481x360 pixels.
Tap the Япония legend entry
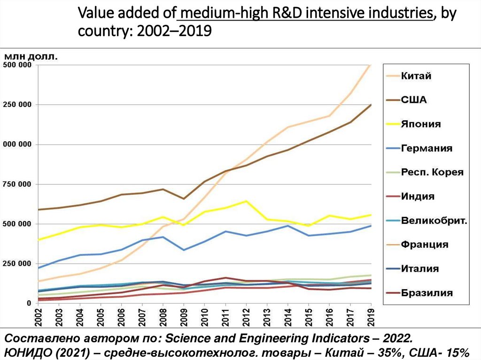(420, 124)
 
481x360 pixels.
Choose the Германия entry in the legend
(427, 148)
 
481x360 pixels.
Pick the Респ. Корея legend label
(432, 172)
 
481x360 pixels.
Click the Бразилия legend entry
(427, 293)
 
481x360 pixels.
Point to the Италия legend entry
(419, 269)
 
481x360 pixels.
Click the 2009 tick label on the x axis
(184, 316)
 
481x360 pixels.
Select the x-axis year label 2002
(39, 316)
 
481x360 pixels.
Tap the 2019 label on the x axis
(371, 316)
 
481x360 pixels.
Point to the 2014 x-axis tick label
(288, 316)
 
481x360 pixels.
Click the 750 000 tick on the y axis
(18, 184)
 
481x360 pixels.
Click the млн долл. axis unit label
(31, 56)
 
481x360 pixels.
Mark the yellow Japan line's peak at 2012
(246, 201)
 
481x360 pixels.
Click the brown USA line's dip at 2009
(184, 199)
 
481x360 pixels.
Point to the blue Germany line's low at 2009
(184, 250)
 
